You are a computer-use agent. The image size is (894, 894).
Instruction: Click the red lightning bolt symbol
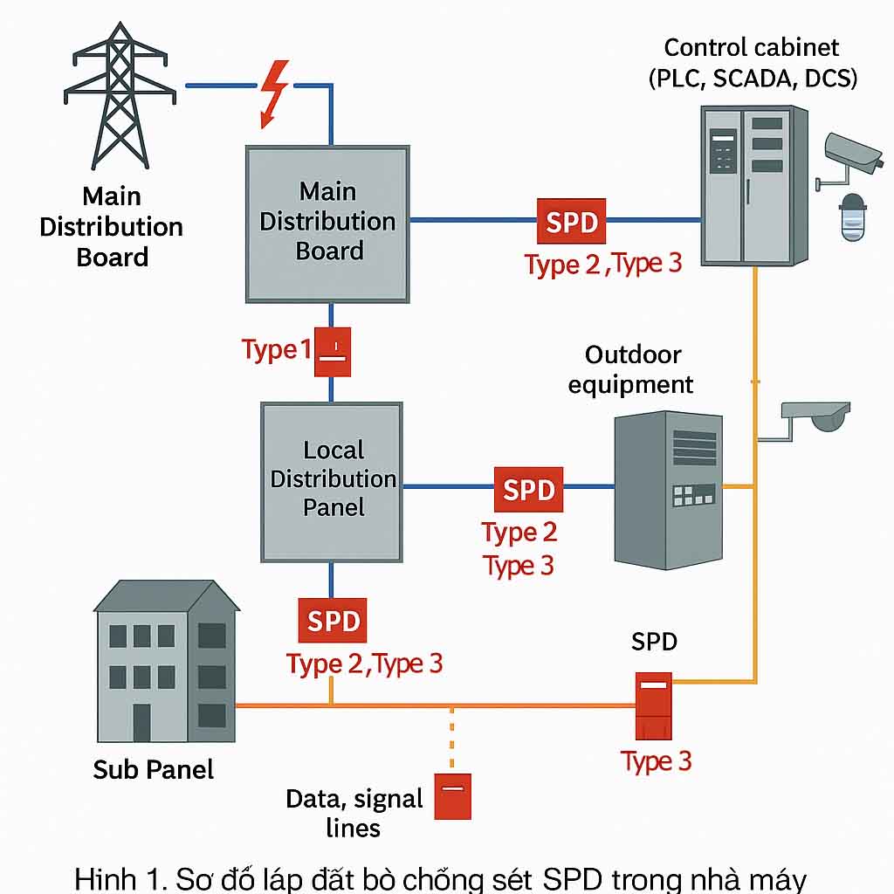click(x=276, y=92)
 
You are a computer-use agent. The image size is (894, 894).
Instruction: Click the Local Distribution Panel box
click(x=332, y=481)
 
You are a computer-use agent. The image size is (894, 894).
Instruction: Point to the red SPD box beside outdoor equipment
click(x=528, y=489)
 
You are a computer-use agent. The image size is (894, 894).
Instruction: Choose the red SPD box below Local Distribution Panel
click(x=333, y=621)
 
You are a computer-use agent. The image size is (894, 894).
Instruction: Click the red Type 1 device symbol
click(x=333, y=352)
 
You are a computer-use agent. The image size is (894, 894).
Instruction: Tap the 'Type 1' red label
click(x=276, y=350)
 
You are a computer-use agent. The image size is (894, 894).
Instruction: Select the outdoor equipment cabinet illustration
click(x=669, y=490)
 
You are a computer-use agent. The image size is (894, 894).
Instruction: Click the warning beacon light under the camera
click(x=851, y=218)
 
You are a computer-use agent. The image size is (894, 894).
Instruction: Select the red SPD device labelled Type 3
click(x=653, y=705)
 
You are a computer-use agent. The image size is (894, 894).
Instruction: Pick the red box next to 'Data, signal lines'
click(x=454, y=795)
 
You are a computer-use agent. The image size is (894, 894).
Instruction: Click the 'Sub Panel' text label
click(x=153, y=769)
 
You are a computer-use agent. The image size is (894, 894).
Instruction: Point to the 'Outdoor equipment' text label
click(x=632, y=369)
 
